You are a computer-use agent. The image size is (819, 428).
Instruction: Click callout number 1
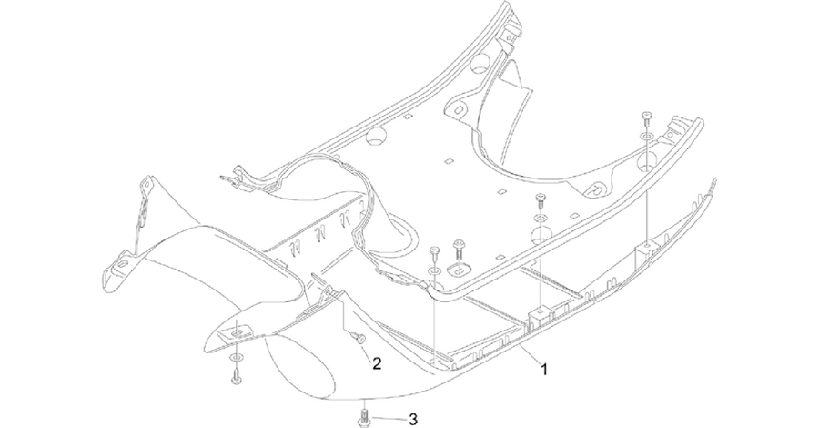(544, 370)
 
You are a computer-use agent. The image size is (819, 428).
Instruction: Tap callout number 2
(377, 363)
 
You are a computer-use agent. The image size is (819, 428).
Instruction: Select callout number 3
(412, 419)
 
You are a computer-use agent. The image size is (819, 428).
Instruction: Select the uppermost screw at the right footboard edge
(647, 117)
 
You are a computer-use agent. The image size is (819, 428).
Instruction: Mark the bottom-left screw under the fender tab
(235, 377)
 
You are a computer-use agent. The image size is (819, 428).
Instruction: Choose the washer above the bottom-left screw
(235, 357)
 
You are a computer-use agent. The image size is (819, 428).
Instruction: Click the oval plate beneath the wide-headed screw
(460, 270)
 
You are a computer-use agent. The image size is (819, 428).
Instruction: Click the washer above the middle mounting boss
(540, 217)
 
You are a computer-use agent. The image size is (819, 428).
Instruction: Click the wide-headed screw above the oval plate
(460, 247)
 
